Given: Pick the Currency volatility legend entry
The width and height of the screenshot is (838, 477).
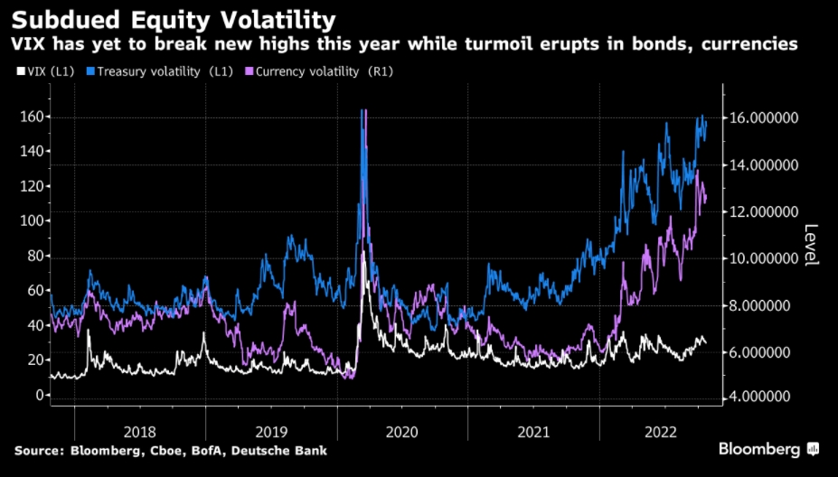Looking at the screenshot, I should click(329, 70).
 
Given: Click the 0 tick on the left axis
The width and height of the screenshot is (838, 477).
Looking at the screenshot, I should click(39, 395).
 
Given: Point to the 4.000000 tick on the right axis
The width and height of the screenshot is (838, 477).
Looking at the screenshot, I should click(763, 397).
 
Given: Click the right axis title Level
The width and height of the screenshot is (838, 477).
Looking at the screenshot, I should click(810, 244).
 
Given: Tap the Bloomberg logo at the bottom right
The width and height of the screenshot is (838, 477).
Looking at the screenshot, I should click(768, 449).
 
